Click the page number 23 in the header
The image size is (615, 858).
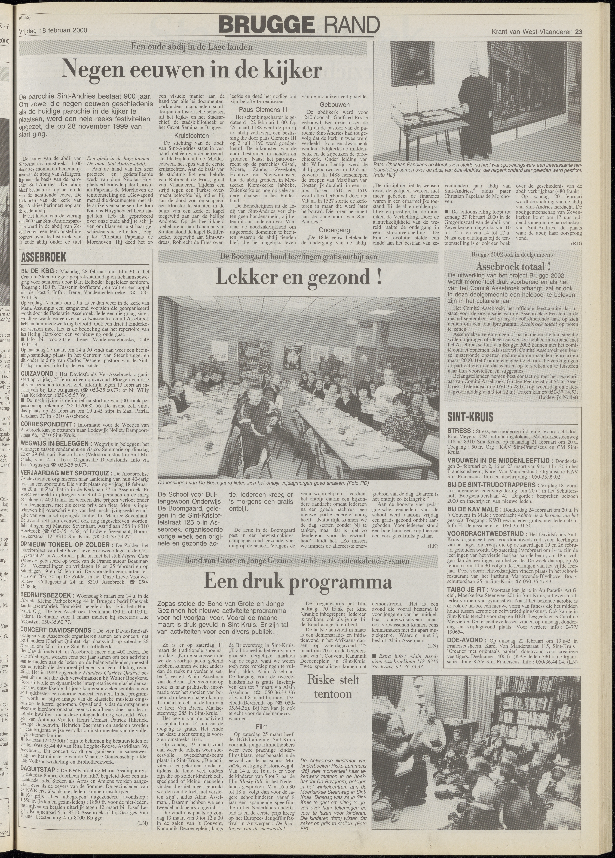point(578,32)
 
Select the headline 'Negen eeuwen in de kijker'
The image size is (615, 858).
point(192,69)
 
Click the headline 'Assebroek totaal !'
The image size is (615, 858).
point(513,266)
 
